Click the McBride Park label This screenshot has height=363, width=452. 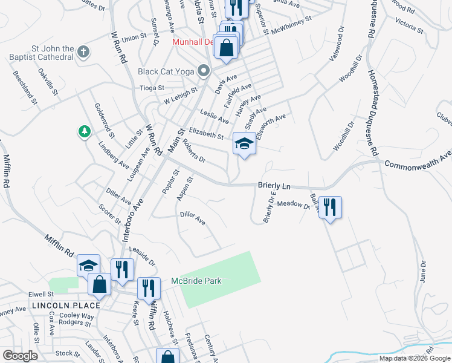coord(196,281)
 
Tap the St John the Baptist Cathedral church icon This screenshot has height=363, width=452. coord(84,52)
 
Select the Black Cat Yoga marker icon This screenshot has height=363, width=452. coord(204,71)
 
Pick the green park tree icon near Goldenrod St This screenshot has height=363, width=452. coord(84,131)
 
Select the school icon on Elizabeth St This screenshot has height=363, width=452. coord(244,144)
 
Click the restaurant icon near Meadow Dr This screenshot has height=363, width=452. coord(330,206)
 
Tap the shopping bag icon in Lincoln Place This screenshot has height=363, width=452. coord(99,283)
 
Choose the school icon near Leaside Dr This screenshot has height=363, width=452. coord(88,265)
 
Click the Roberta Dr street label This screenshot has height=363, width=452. coord(193,152)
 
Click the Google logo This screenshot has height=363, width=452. coord(20,356)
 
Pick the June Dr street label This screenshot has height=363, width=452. coord(422,272)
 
